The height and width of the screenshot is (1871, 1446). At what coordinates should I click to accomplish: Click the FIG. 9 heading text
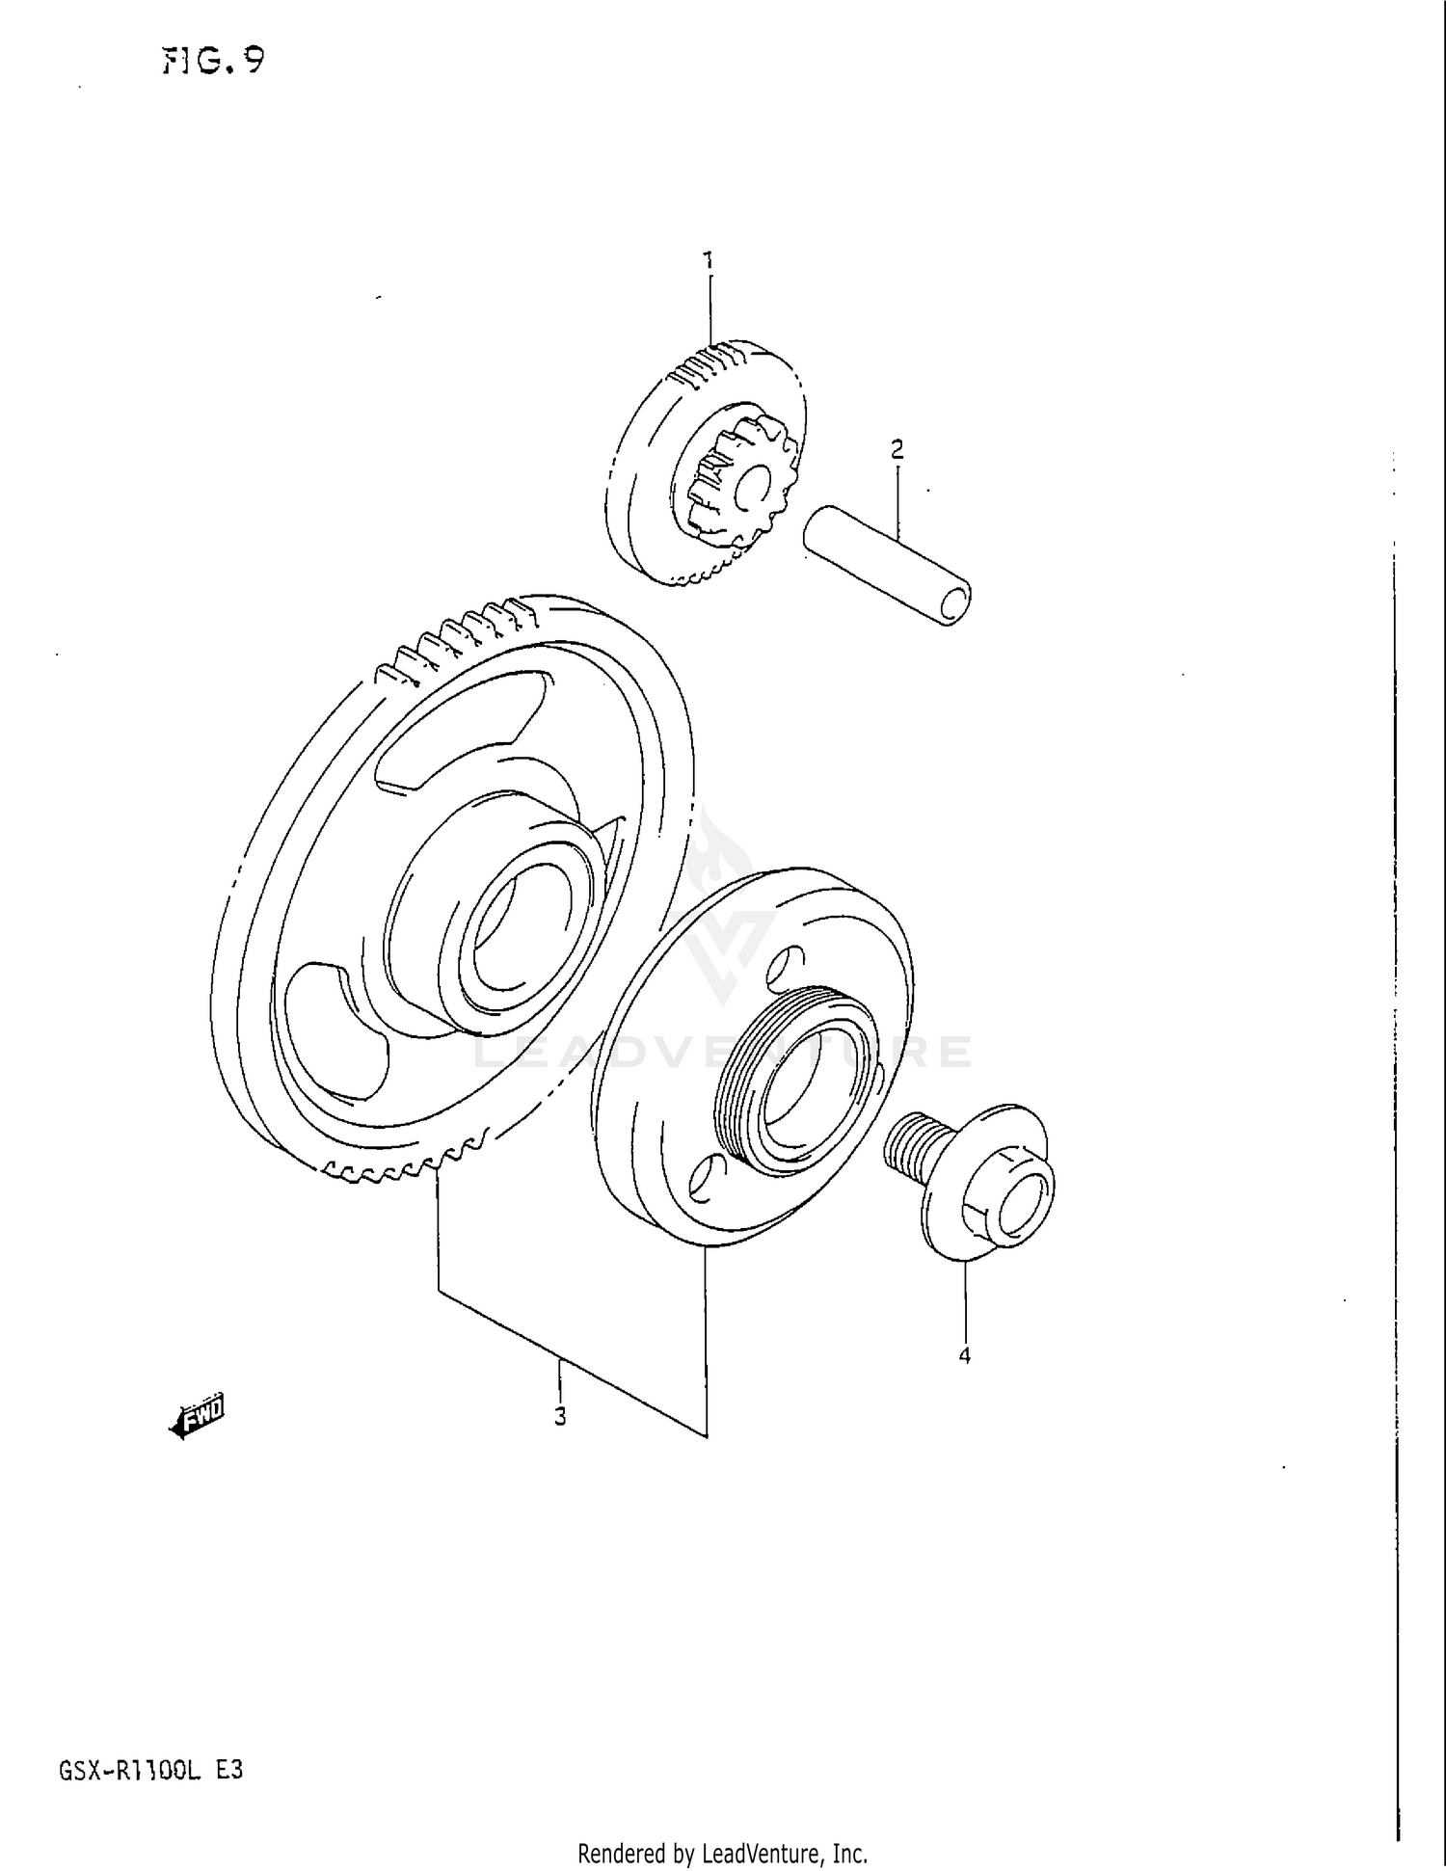[x=213, y=62]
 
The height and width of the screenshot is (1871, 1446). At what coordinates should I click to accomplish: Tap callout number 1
[x=709, y=259]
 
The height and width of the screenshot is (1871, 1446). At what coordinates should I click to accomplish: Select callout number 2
[x=897, y=448]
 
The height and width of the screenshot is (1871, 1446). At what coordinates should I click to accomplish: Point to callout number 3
[x=560, y=1416]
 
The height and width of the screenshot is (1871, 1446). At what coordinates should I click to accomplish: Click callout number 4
[x=964, y=1355]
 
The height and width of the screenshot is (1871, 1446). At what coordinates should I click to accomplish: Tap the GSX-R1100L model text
[x=129, y=1771]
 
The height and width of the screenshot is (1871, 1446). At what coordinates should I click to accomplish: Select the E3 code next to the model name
[x=229, y=1771]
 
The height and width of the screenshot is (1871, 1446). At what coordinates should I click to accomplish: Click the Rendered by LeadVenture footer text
[x=722, y=1853]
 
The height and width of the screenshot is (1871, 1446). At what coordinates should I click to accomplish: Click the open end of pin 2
[x=955, y=603]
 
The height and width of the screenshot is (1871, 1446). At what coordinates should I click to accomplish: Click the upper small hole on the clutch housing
[x=787, y=965]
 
